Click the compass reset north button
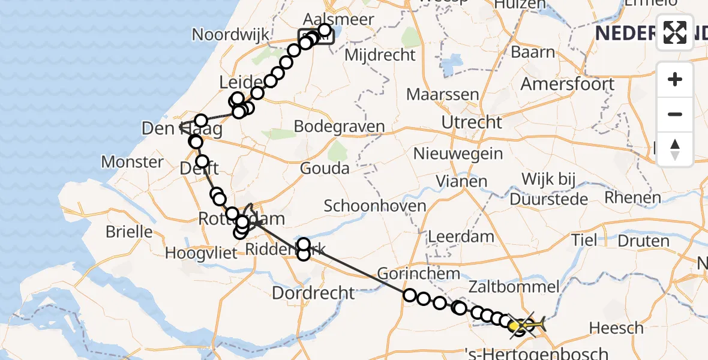(x=675, y=149)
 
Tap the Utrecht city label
(x=472, y=122)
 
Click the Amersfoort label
(x=567, y=84)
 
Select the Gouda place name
(x=325, y=168)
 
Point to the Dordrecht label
(x=313, y=293)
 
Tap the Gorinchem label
(x=410, y=273)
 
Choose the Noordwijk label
(x=230, y=35)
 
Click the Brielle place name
(x=128, y=232)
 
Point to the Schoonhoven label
(x=375, y=206)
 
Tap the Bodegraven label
(x=339, y=127)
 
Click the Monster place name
(x=132, y=162)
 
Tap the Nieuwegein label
(x=458, y=154)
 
